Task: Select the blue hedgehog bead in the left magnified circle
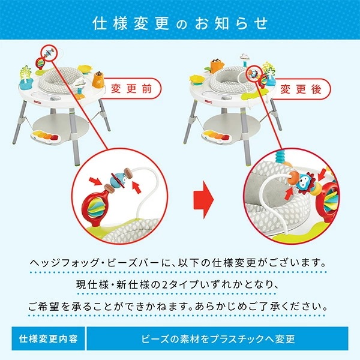coord(120,179)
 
